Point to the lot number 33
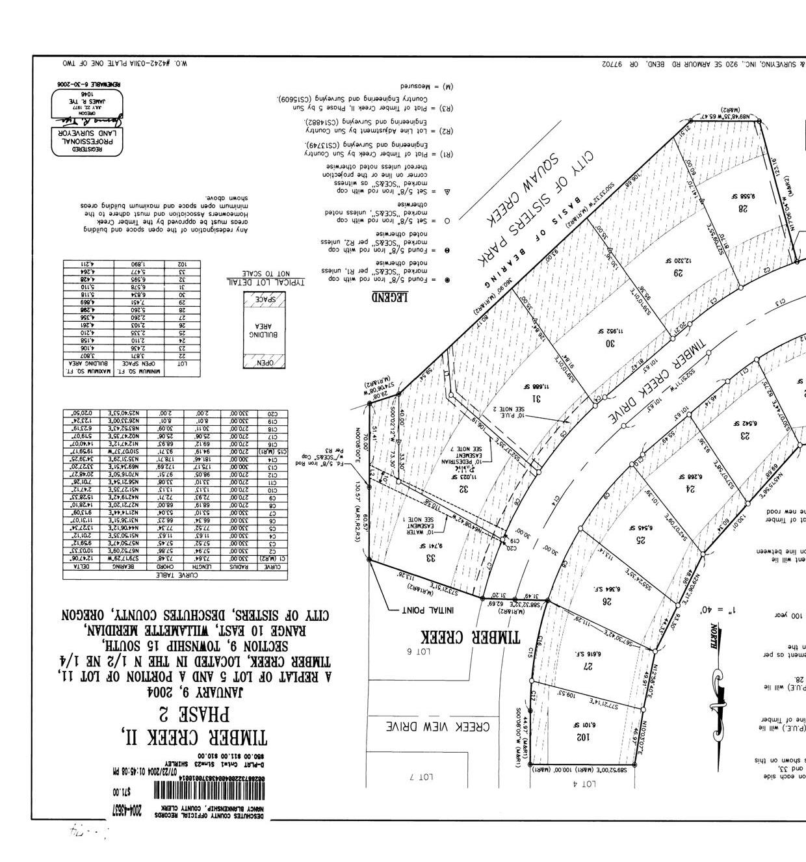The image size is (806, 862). click(x=430, y=557)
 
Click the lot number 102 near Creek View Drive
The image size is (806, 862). click(x=582, y=737)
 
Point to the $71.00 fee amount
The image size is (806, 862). click(x=122, y=792)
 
